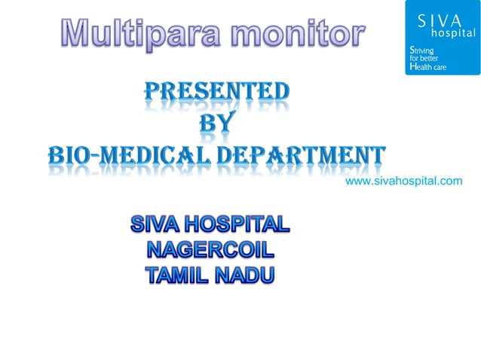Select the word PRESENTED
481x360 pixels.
216,93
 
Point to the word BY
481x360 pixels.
216,124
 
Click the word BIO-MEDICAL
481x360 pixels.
127,157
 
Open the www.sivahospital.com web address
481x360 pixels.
403,182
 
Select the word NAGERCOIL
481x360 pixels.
209,249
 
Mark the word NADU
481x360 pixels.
244,275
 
